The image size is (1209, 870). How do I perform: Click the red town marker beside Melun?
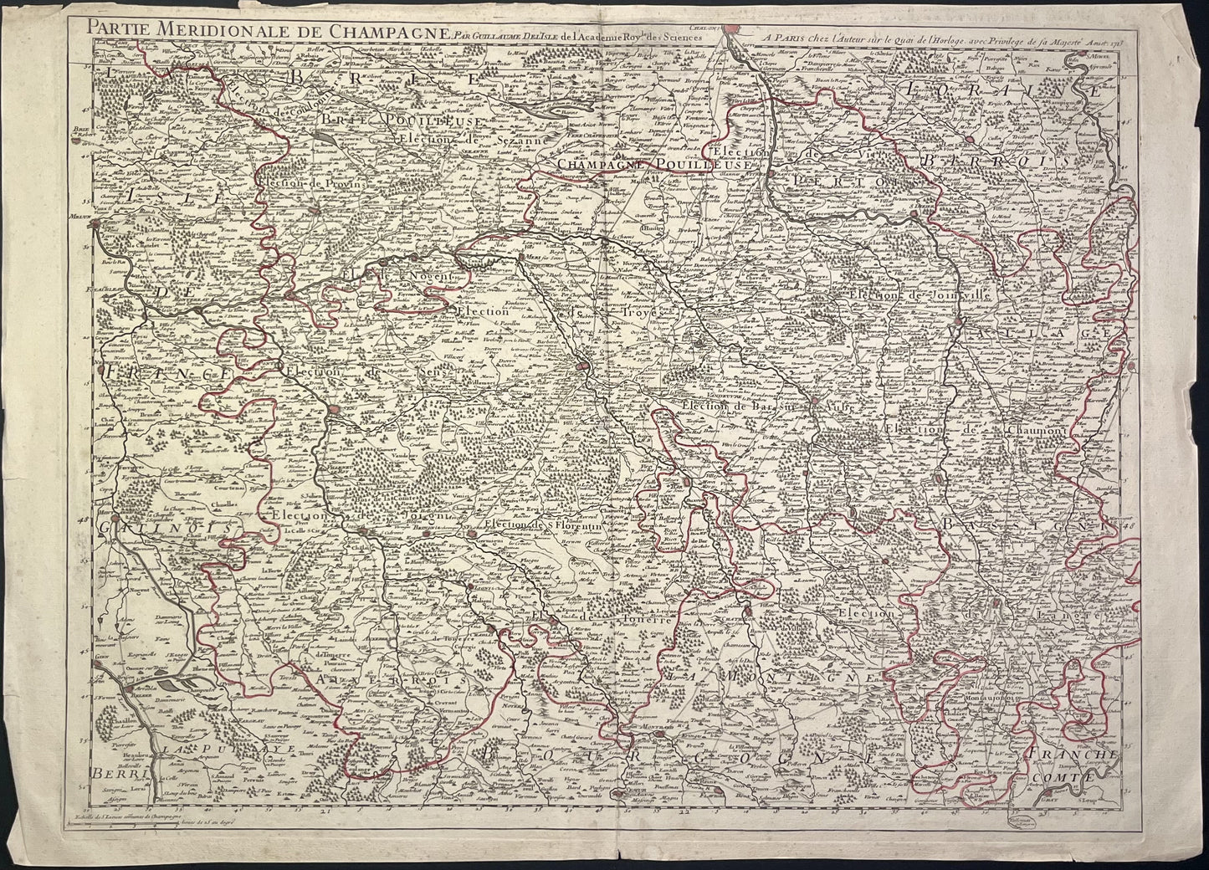click(x=99, y=225)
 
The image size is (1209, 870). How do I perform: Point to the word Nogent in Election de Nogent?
click(x=430, y=275)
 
